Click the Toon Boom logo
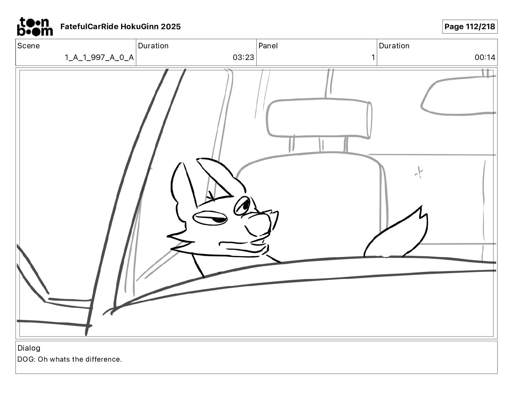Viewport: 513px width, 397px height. click(x=35, y=27)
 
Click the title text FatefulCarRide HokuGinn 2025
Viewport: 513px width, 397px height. click(x=120, y=27)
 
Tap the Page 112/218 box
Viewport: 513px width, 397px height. click(x=470, y=27)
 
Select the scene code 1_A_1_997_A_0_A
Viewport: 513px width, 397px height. click(x=99, y=57)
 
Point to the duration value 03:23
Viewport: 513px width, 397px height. click(x=244, y=57)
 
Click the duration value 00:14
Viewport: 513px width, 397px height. click(x=485, y=57)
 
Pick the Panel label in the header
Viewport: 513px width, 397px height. click(x=268, y=46)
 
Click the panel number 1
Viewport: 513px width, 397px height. click(x=373, y=57)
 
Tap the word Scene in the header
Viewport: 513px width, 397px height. click(x=28, y=46)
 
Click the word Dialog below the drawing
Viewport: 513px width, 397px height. click(x=29, y=348)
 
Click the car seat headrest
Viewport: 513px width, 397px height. click(x=319, y=118)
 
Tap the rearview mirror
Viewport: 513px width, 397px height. click(x=458, y=96)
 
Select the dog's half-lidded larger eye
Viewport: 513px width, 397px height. click(x=210, y=218)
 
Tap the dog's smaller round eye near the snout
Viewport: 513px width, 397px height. click(x=243, y=205)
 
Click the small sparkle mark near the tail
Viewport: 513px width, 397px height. click(x=419, y=172)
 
